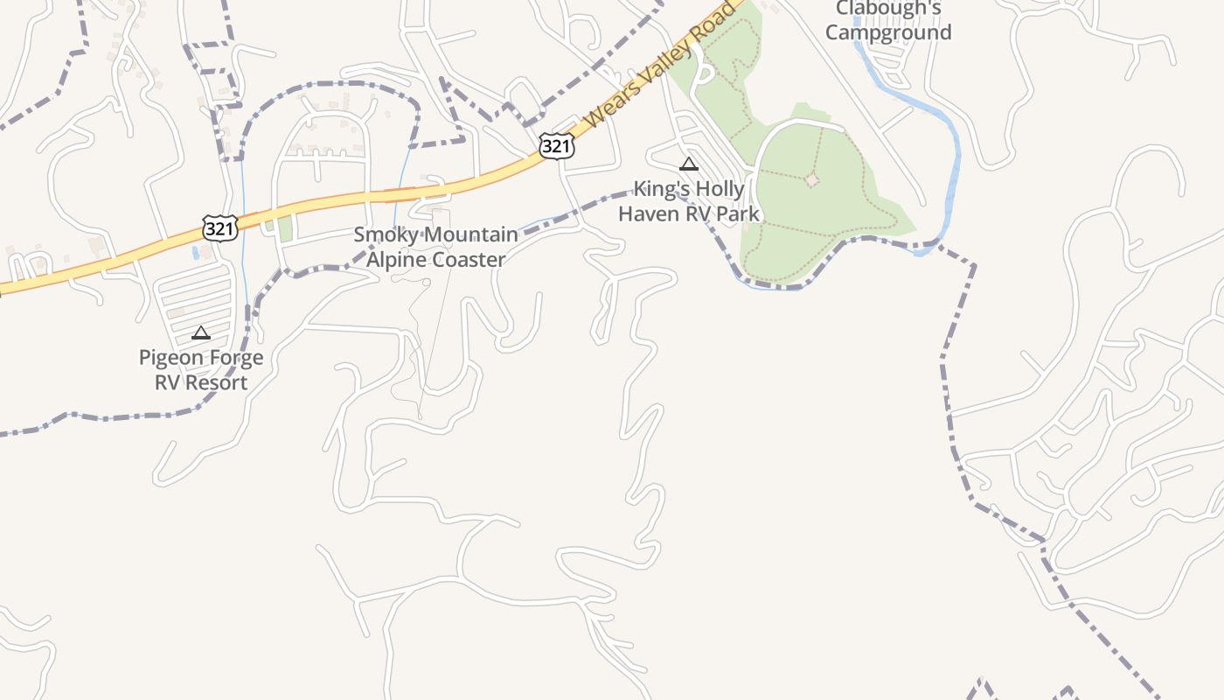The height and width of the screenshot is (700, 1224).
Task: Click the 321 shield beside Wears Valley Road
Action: point(556,145)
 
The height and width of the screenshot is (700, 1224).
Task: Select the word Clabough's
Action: point(888,9)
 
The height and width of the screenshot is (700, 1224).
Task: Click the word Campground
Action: point(888,33)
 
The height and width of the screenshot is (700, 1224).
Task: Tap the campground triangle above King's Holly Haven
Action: point(689,164)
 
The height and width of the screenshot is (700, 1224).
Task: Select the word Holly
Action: point(721,189)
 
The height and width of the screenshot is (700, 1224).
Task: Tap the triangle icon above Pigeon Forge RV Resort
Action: point(201,332)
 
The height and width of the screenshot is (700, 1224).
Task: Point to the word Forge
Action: point(234,358)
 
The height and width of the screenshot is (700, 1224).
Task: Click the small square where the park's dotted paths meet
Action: point(812,179)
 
